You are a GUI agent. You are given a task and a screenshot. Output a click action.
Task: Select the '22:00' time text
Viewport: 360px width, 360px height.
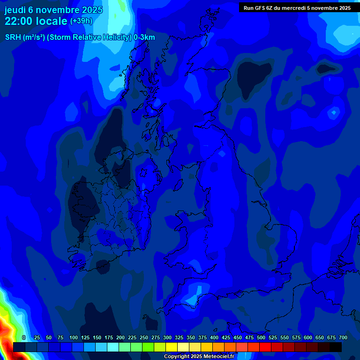[18, 21]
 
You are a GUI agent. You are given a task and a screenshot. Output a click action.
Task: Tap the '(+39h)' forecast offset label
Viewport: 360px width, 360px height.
[81, 21]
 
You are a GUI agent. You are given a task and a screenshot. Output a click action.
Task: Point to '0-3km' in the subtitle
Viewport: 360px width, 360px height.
[144, 37]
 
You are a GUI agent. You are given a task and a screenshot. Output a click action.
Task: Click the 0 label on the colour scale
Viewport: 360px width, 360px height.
[24, 337]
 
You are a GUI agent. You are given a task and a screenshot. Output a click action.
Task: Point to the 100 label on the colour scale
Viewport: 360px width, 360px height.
[73, 337]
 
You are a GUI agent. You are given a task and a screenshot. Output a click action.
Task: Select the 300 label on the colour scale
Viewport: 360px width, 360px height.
[167, 337]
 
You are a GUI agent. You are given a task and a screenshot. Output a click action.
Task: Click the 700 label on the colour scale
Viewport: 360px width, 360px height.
[343, 337]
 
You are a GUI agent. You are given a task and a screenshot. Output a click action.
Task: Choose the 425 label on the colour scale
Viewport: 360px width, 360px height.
[226, 337]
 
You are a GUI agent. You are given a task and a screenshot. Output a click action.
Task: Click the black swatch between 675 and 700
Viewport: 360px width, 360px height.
[336, 347]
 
